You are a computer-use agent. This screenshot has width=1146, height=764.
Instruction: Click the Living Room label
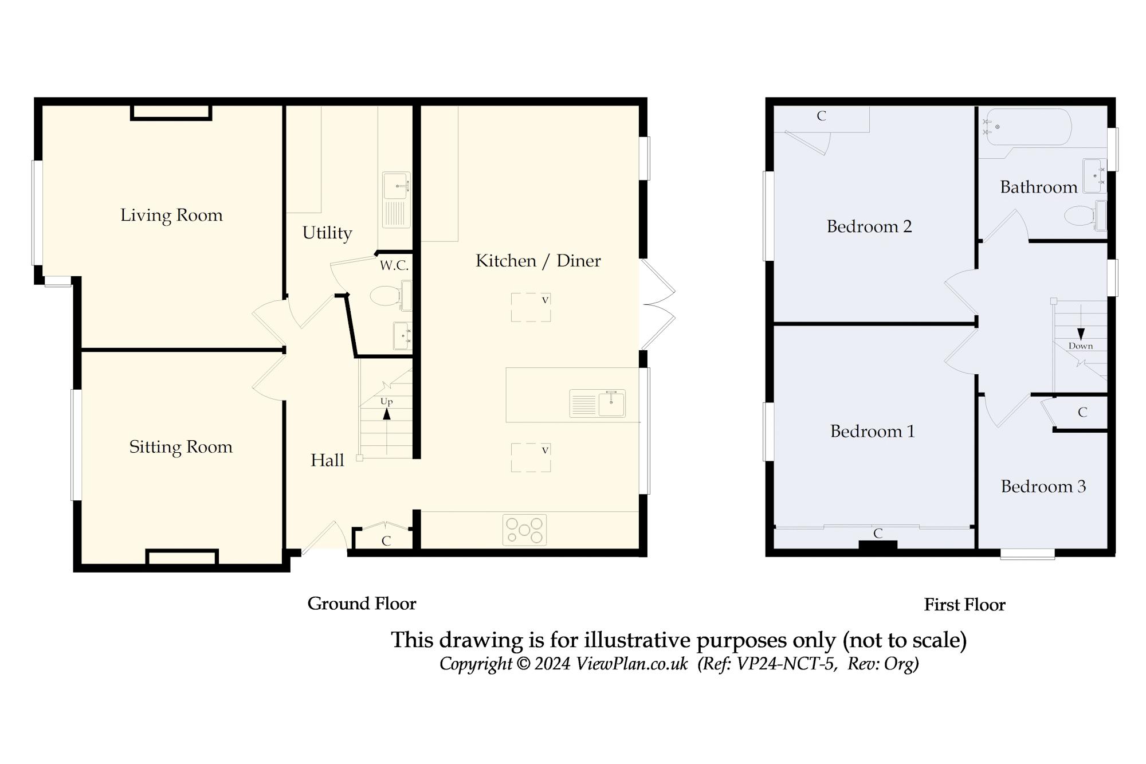[171, 216]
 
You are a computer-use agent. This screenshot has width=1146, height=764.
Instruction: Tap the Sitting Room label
[180, 447]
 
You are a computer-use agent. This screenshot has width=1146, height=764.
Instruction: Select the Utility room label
[327, 233]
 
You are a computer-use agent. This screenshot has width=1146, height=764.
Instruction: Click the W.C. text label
[394, 265]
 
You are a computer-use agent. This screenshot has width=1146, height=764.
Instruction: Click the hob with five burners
[524, 530]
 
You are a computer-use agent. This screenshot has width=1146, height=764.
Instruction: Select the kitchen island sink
[611, 403]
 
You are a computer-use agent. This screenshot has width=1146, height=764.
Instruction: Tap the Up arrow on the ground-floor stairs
[387, 413]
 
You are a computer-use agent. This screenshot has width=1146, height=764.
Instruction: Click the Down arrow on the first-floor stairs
[1081, 334]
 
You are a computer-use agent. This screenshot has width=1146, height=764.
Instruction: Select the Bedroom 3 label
[1043, 487]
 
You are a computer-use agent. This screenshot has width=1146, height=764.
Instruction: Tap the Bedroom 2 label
[869, 226]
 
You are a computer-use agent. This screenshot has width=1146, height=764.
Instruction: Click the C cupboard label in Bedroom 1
[877, 534]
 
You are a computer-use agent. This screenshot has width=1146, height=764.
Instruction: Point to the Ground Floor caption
[362, 604]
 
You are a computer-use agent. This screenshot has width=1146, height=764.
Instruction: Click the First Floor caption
[964, 605]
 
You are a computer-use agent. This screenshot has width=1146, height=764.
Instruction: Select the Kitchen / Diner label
[538, 261]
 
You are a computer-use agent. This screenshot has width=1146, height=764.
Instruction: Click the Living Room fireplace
[171, 112]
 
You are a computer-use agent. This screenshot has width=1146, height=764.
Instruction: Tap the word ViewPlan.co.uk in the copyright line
[631, 664]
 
